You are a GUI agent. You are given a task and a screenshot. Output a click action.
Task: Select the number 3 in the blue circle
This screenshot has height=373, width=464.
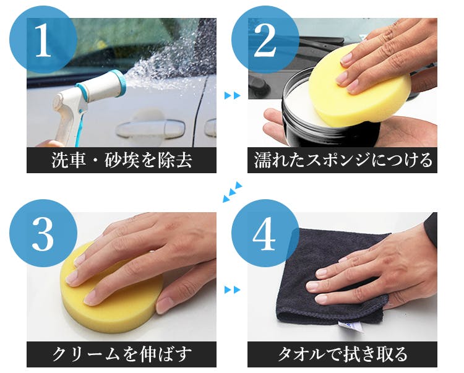tap(43, 234)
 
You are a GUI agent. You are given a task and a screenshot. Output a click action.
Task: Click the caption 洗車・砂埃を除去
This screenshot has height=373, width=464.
tap(122, 160)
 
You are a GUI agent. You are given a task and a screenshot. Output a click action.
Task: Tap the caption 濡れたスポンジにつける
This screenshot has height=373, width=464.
tap(343, 160)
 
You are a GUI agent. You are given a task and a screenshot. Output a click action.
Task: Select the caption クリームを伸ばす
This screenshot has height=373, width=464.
tap(122, 354)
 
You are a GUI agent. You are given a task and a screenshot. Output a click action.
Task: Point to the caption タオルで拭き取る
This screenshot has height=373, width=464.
tap(342, 354)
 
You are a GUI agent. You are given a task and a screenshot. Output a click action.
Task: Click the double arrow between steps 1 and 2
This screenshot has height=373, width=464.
tap(233, 95)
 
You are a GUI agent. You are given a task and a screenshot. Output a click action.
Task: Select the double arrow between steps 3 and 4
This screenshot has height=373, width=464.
tap(233, 289)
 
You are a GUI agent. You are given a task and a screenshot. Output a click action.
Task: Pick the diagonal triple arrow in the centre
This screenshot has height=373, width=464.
tap(232, 192)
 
